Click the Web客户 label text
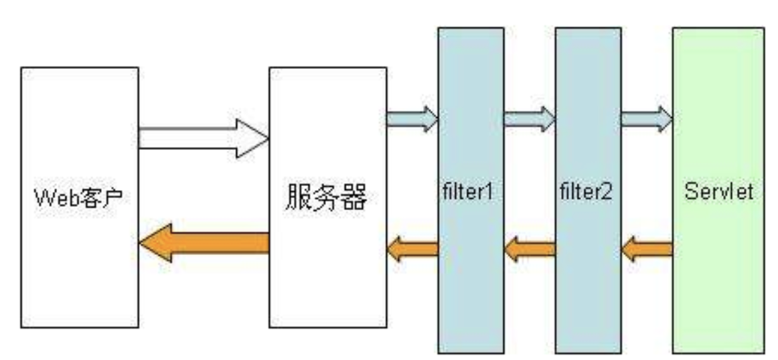[x=79, y=199]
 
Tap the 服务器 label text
[x=327, y=197]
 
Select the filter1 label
[x=471, y=192]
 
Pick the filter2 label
[x=587, y=192]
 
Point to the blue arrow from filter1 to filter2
[x=529, y=119]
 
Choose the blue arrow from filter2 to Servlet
[x=646, y=119]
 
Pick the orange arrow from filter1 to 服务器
[x=412, y=249]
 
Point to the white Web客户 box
[x=79, y=281]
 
